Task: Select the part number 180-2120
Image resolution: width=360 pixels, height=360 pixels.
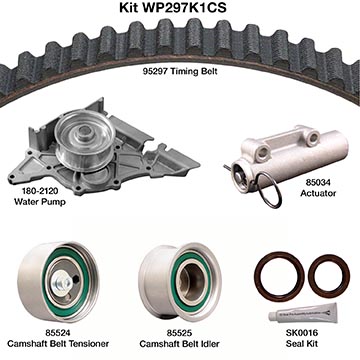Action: coord(40,191)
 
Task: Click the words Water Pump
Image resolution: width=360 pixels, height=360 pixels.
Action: coord(40,202)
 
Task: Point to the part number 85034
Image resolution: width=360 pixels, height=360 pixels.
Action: coord(318,183)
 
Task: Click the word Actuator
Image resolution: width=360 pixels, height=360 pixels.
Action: coord(318,193)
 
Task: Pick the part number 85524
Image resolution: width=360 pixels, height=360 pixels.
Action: coord(58,333)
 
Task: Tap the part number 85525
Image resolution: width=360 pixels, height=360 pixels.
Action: coord(180,333)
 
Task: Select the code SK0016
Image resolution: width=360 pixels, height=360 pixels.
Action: coord(302,333)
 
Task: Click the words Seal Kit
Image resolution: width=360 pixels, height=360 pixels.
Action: coord(302,343)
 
